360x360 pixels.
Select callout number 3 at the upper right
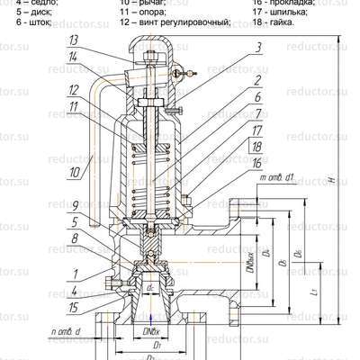[x=258, y=47]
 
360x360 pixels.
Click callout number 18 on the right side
[x=257, y=146]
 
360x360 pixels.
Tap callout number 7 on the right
[x=257, y=113]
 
